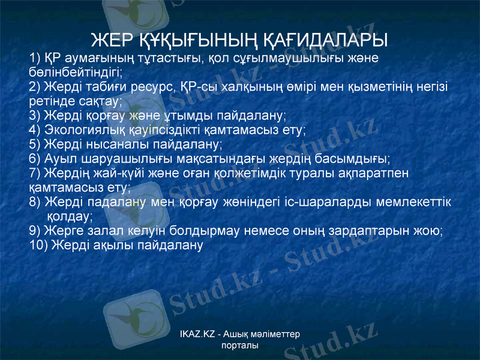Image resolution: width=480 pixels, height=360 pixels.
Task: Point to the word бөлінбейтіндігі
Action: click(75, 72)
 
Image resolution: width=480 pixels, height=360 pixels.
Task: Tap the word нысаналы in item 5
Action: click(109, 144)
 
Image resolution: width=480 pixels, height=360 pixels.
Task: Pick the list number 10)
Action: click(40, 244)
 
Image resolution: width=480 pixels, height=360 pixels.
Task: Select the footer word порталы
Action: click(240, 346)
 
